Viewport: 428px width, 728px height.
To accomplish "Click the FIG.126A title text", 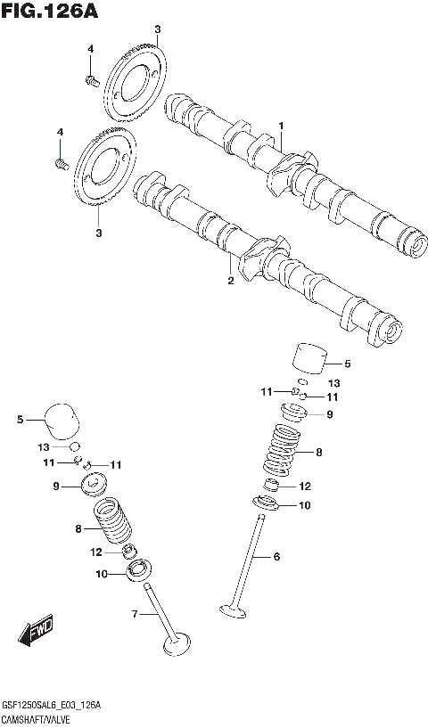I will point(49,12).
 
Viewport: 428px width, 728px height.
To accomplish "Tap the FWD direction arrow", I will point(35,634).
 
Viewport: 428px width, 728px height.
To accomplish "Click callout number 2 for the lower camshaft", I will point(230,281).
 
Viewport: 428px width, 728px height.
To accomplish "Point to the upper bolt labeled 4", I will point(91,81).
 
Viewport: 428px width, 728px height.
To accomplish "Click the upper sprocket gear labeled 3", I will point(135,84).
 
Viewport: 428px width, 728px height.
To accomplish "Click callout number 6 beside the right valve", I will point(276,557).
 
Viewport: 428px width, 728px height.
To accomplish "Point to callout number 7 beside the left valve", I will point(135,614).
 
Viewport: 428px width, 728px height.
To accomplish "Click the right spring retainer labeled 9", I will point(294,413).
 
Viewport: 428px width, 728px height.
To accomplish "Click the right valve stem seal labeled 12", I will point(274,487).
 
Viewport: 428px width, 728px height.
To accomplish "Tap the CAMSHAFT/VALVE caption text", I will point(43,718).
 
